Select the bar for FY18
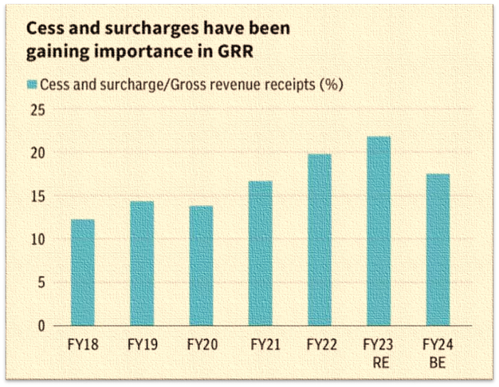(82, 272)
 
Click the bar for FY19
(142, 263)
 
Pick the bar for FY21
(260, 253)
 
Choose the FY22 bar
(319, 239)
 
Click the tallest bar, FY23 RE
(379, 231)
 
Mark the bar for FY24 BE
(438, 250)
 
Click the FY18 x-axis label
(82, 346)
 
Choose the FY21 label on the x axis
(260, 346)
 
